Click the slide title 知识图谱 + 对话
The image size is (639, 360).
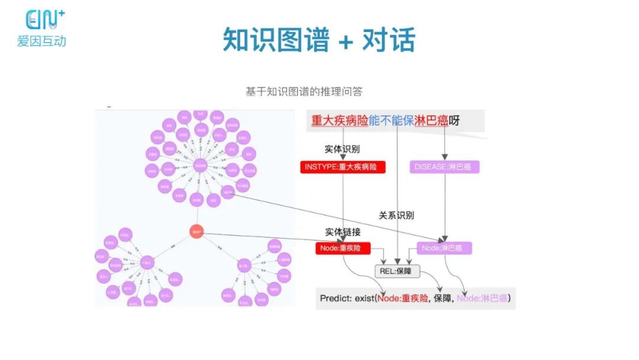[x=319, y=40]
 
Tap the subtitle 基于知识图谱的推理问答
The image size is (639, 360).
[x=304, y=92]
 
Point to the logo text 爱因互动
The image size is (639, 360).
[x=41, y=41]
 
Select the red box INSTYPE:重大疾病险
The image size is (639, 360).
[x=343, y=167]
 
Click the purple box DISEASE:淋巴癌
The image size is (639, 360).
[x=444, y=167]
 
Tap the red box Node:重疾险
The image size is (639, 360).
[x=343, y=248]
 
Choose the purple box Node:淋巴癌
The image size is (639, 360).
[x=444, y=248]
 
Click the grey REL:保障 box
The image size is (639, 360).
[x=397, y=271]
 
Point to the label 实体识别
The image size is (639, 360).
[x=342, y=149]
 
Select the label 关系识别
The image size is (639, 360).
[x=396, y=215]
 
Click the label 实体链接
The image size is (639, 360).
[x=342, y=232]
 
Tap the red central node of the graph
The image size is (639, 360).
[x=197, y=232]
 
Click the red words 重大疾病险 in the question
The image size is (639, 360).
[x=340, y=121]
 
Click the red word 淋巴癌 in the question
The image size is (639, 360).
[x=431, y=121]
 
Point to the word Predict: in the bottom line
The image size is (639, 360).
[x=336, y=298]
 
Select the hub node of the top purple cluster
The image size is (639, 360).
[x=200, y=165]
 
